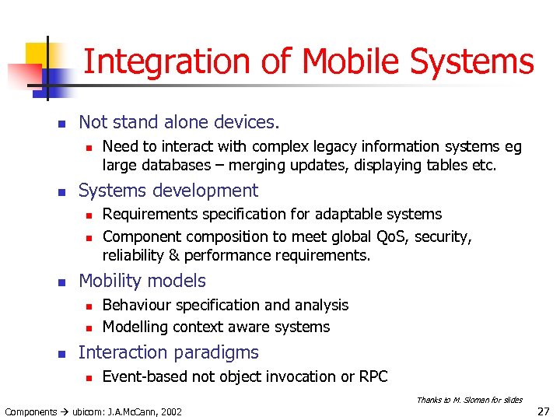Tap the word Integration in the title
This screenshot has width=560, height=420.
[x=163, y=61]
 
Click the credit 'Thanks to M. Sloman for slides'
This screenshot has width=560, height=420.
[x=469, y=400]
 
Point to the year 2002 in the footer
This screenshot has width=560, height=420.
[x=170, y=411]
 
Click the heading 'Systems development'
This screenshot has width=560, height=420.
[x=168, y=191]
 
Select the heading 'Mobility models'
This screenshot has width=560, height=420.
[x=142, y=281]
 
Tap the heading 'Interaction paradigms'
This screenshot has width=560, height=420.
[x=168, y=352]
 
